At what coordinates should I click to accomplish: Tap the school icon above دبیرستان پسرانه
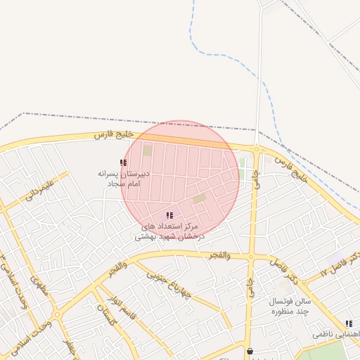click(x=124, y=163)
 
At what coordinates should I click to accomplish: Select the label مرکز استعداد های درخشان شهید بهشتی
click(x=169, y=231)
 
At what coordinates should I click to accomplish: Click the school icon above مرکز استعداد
click(x=169, y=215)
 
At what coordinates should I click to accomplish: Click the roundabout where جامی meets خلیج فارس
click(x=257, y=149)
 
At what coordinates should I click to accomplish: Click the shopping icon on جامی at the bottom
click(x=250, y=351)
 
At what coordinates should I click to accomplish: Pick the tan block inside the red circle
click(x=200, y=198)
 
